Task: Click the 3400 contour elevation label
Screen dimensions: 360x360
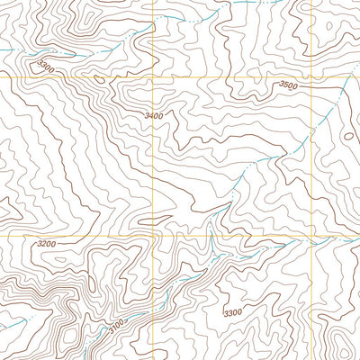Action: (x=155, y=117)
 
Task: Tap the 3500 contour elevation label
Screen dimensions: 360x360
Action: (x=288, y=85)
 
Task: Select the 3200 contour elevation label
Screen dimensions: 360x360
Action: (x=47, y=244)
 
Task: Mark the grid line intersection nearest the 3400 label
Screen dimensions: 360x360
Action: (x=154, y=78)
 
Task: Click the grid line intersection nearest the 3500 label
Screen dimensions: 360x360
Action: (x=313, y=78)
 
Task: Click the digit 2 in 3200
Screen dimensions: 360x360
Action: (x=43, y=244)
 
